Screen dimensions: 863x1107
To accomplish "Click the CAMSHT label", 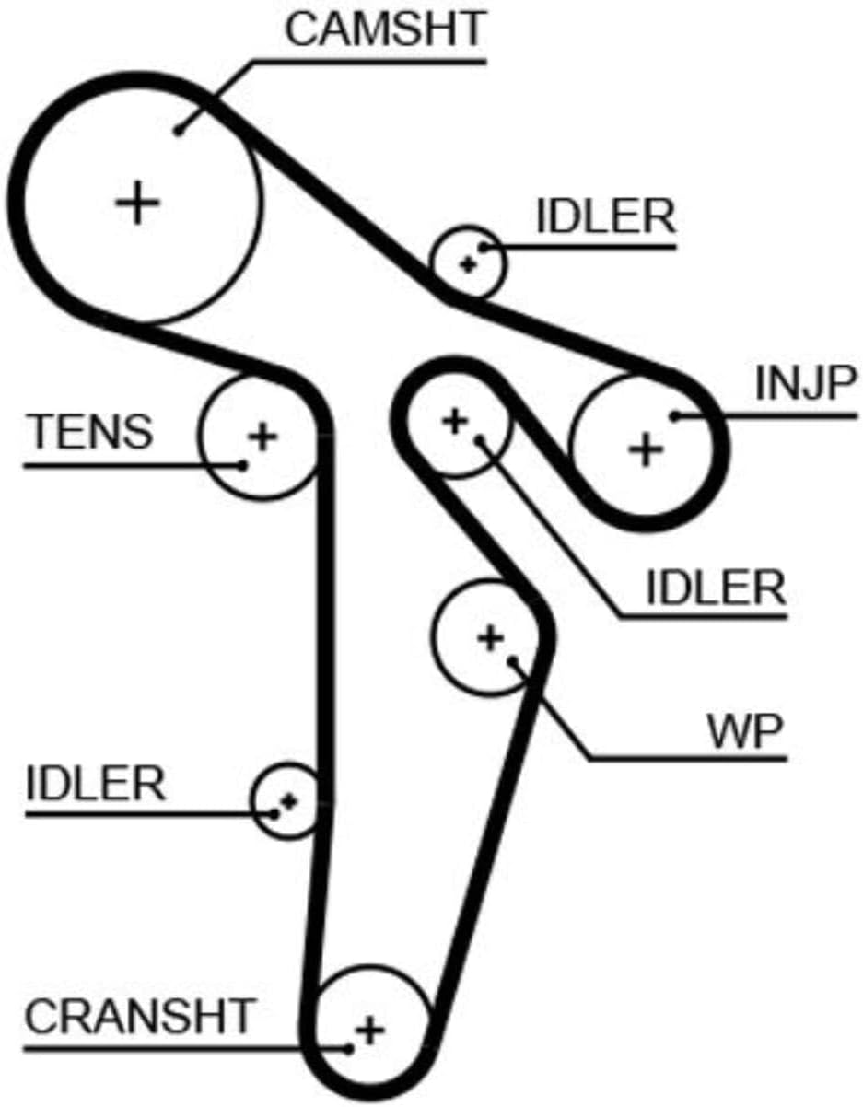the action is pos(385,29).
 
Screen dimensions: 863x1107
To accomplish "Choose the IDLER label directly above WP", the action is pos(716,588).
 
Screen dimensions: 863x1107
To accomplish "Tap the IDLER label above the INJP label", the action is pos(606,216).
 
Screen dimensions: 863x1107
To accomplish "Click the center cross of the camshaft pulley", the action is pos(137,203).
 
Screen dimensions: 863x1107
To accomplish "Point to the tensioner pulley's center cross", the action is pos(262,437).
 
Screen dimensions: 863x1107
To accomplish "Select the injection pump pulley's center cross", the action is pos(646,449).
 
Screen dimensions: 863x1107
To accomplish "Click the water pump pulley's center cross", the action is pos(491,638).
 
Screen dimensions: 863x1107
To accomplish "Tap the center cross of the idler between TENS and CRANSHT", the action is pos(289,802).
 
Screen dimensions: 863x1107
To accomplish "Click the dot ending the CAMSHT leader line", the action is pos(178,132).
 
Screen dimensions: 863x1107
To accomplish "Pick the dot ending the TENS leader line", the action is pos(243,465).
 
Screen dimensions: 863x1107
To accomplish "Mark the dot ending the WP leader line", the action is pos(513,661).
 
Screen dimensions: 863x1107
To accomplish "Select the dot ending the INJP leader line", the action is pos(675,416).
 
